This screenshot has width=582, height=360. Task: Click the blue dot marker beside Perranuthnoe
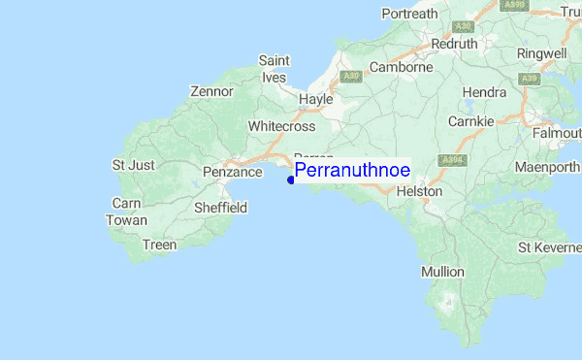tap(291, 179)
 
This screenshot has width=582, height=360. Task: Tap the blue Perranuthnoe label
tap(352, 170)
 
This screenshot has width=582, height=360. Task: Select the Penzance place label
tap(233, 172)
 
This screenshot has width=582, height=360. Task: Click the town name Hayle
tap(316, 100)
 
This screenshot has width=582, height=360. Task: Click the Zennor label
tap(212, 91)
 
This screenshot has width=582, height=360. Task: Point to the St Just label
tap(134, 165)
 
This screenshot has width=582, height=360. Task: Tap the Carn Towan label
tap(127, 212)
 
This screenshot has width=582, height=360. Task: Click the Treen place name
tap(160, 245)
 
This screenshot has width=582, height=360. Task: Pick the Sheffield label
tap(221, 208)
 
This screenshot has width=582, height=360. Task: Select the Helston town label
tap(420, 192)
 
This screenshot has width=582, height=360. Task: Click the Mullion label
tap(442, 272)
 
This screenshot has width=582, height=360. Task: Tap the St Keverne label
tap(548, 247)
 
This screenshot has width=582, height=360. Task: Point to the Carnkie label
tap(471, 121)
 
